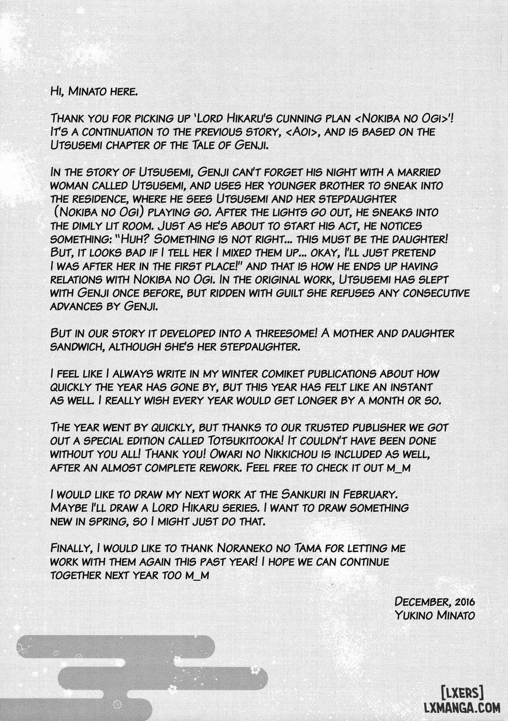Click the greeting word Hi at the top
coord(57,91)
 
